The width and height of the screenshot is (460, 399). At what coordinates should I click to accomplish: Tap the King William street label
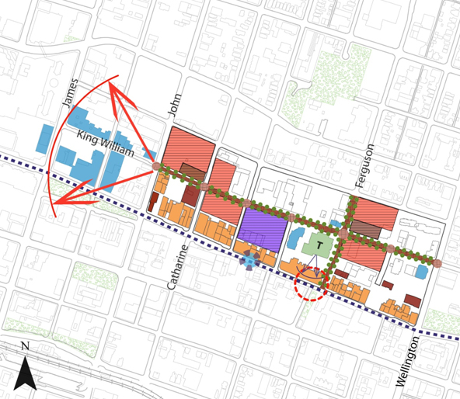(106, 145)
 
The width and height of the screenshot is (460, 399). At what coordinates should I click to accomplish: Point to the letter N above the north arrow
(25, 346)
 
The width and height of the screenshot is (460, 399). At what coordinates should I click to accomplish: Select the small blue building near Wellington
(421, 272)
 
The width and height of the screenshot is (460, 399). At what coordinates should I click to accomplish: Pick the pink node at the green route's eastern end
(438, 263)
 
